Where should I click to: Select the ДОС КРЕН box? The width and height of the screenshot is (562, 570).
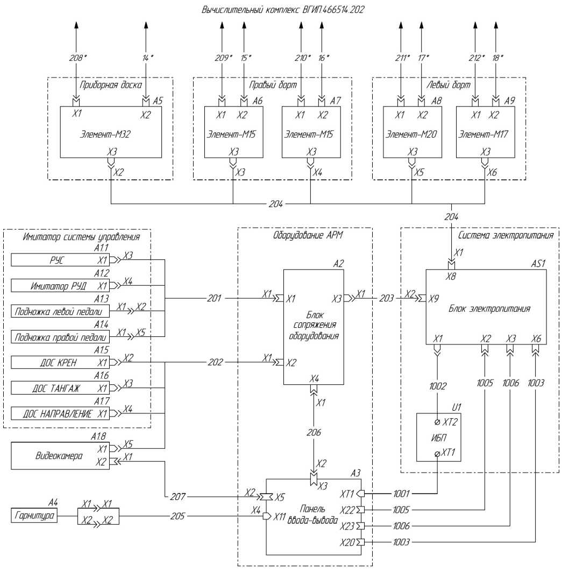[61, 362]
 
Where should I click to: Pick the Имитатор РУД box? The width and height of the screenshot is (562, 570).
[61, 285]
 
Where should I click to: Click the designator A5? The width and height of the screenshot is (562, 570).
[157, 102]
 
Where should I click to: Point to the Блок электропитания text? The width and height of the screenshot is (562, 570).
[489, 309]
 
